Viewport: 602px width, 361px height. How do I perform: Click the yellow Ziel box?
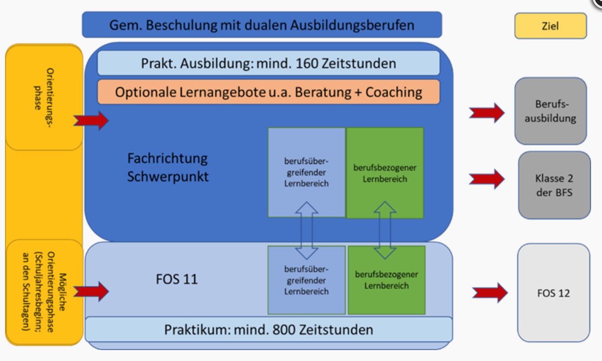pyautogui.click(x=550, y=26)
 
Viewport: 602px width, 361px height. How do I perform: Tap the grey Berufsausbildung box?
pyautogui.click(x=550, y=111)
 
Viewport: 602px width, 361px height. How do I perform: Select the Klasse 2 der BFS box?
pyautogui.click(x=554, y=185)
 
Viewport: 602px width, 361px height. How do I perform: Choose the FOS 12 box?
pyautogui.click(x=553, y=293)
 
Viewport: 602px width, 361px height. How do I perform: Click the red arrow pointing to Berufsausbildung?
pyautogui.click(x=487, y=113)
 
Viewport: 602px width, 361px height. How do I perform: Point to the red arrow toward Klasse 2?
pyautogui.click(x=487, y=179)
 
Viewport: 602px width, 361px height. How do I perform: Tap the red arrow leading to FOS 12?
pyautogui.click(x=490, y=293)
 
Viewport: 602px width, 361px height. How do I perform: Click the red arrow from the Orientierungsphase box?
pyautogui.click(x=91, y=120)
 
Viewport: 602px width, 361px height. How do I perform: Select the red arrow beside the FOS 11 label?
pyautogui.click(x=91, y=291)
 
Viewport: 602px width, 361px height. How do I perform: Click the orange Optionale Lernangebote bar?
pyautogui.click(x=268, y=92)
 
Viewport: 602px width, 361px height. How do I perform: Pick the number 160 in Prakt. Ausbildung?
pyautogui.click(x=307, y=64)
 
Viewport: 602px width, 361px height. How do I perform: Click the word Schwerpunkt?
pyautogui.click(x=168, y=177)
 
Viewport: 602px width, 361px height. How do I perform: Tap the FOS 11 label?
pyautogui.click(x=177, y=279)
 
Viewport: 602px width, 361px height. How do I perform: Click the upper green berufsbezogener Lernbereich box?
pyautogui.click(x=385, y=173)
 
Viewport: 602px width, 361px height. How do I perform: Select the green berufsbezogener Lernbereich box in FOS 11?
pyautogui.click(x=387, y=280)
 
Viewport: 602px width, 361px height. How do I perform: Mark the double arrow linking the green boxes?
pyautogui.click(x=385, y=230)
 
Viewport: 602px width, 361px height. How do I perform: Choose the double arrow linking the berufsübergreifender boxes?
pyautogui.click(x=307, y=230)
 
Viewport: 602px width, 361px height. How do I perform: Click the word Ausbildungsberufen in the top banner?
pyautogui.click(x=352, y=25)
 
